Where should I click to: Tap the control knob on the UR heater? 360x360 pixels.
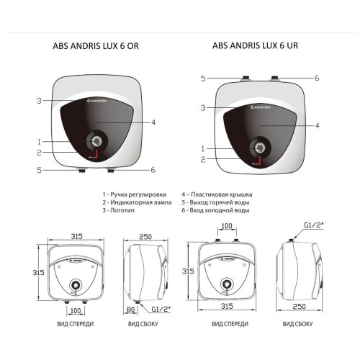[257, 148]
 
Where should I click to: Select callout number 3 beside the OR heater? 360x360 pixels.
[38, 101]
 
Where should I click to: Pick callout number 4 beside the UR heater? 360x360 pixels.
[318, 125]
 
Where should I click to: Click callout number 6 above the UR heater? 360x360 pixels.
[317, 78]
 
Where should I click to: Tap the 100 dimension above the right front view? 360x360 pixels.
[228, 227]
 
